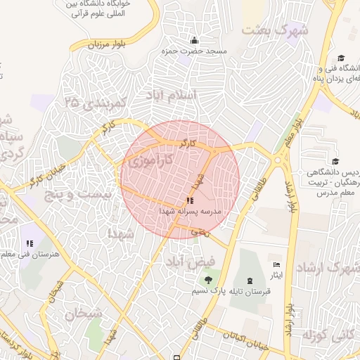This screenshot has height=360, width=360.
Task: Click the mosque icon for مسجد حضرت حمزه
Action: (x=194, y=40)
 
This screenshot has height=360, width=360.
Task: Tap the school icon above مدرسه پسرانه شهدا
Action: (x=189, y=200)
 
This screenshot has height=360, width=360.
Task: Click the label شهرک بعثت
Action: (x=275, y=30)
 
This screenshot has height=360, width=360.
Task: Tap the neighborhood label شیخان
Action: (x=84, y=314)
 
